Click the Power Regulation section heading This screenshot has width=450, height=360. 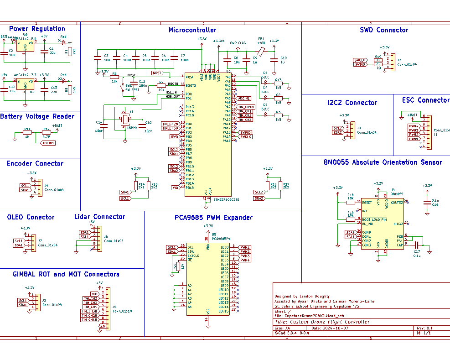(x=37, y=29)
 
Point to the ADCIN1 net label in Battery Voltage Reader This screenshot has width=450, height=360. (x=48, y=143)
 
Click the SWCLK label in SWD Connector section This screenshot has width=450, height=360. (x=360, y=60)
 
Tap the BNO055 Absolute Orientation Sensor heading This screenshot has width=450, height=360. (x=383, y=162)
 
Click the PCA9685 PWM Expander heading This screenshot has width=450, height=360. (x=213, y=218)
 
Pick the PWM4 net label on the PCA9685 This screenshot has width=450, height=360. (x=245, y=260)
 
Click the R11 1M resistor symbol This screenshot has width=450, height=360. (x=28, y=133)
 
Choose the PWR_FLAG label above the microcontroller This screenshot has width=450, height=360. (x=238, y=43)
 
